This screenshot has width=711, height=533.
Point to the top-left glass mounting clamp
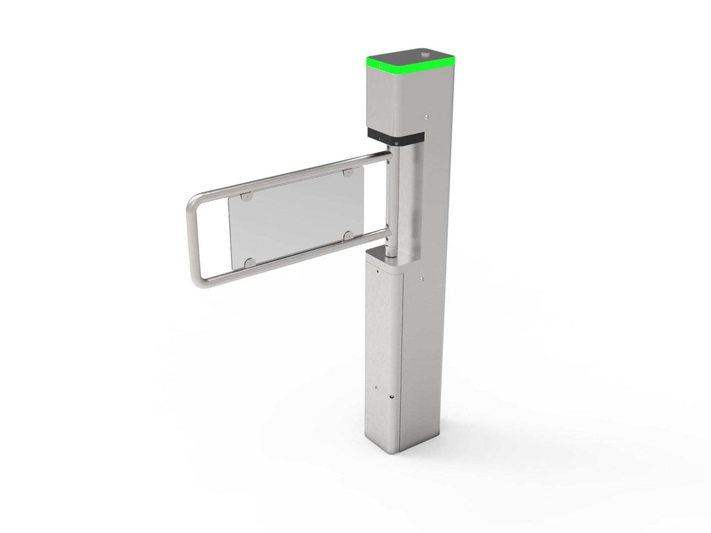pos(246,197)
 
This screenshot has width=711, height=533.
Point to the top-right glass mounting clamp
pos(348,171)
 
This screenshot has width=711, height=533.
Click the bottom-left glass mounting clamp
pos(250,262)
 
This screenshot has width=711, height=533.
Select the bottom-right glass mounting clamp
pos(348,236)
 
